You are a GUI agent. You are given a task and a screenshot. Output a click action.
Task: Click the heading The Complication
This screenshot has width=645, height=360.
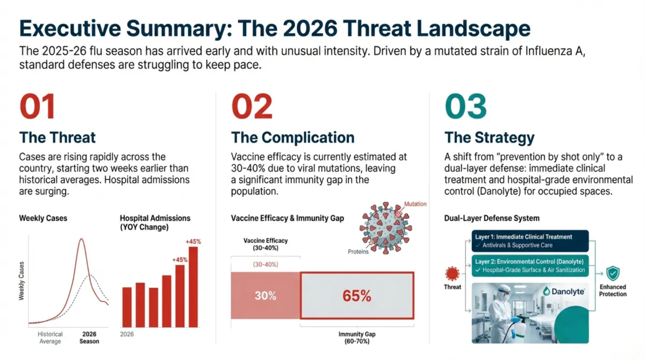[292, 137]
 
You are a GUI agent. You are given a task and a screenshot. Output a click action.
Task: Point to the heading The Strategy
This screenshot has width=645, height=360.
[489, 137]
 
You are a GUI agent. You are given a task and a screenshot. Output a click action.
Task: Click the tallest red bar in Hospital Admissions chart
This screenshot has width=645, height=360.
[193, 286]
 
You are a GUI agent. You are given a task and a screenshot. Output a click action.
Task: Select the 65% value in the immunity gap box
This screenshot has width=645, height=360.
[356, 296]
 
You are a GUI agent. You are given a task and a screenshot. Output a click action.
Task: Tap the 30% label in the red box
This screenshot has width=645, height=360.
[266, 296]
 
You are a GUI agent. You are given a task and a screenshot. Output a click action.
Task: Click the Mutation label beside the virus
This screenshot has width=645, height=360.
[415, 205]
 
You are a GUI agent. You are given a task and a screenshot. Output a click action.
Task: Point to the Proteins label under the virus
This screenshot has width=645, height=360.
[359, 251]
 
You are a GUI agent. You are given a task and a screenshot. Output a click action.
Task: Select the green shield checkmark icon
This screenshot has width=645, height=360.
[613, 274]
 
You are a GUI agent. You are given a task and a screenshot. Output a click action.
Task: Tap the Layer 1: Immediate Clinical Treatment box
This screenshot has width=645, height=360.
[529, 241]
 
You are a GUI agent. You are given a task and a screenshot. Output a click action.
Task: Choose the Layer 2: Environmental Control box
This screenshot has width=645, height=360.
[529, 265]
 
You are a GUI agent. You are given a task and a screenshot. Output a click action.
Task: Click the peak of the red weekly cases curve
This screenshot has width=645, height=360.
[81, 239]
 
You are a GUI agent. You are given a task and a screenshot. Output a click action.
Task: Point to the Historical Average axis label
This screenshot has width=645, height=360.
[50, 337]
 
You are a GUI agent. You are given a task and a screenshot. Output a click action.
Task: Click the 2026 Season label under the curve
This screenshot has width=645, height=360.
[89, 337]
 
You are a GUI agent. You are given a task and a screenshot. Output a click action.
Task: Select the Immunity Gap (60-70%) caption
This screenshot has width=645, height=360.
[357, 338]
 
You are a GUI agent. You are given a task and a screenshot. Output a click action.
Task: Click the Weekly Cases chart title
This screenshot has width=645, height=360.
[43, 218]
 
